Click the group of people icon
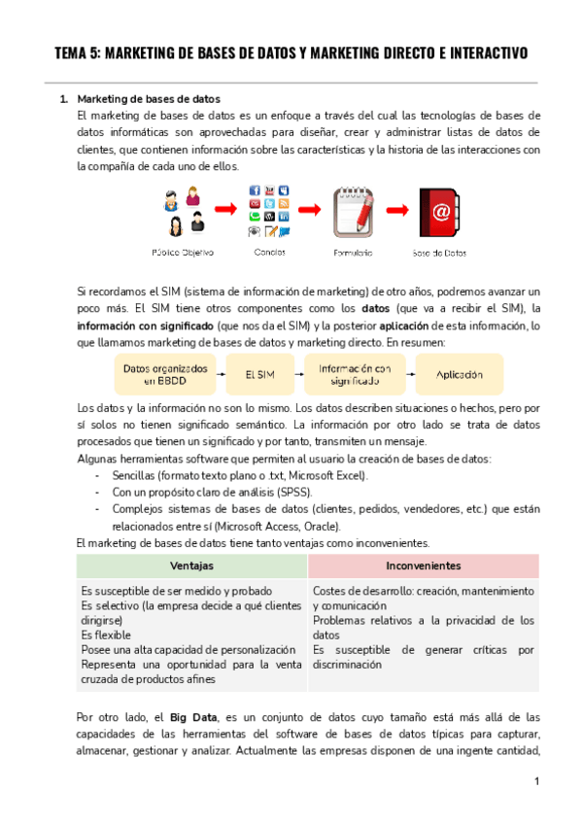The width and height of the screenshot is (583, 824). (184, 211)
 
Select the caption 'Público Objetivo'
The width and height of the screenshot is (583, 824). (183, 253)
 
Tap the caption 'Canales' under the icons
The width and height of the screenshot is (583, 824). (269, 253)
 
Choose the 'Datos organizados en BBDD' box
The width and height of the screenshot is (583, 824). (166, 374)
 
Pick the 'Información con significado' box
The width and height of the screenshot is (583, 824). (354, 374)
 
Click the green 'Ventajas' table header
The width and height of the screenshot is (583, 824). (191, 565)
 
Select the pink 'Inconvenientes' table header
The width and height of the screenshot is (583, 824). (423, 565)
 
